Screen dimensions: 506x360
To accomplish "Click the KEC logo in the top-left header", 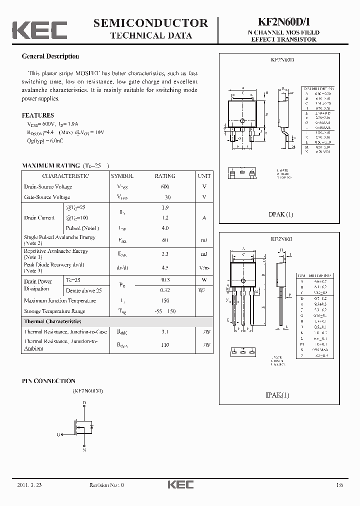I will [x=39, y=30].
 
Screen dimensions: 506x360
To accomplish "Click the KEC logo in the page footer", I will [x=180, y=484].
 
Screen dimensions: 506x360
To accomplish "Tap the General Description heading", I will [x=50, y=56].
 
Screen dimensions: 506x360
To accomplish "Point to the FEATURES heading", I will [x=37, y=115].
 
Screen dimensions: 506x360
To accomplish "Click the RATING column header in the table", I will [x=165, y=176].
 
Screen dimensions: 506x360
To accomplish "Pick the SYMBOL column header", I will [x=122, y=176].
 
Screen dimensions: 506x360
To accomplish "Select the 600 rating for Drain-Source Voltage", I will [x=165, y=186].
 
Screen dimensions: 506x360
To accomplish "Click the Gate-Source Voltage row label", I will [x=47, y=197].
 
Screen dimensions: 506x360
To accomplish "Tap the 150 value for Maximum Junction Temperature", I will [x=165, y=300].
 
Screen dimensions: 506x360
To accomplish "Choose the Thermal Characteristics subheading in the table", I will [x=52, y=321].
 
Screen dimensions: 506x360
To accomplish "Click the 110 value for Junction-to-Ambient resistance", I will [x=165, y=345].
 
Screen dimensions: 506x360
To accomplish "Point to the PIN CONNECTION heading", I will [x=48, y=381].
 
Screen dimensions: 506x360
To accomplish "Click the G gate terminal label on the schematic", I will [x=58, y=434].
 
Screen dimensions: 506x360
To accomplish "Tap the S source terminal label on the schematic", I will [x=84, y=450].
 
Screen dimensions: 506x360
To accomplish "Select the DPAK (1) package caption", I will [x=281, y=214].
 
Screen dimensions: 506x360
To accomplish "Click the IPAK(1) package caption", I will [x=277, y=395].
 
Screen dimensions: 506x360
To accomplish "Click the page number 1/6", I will [x=340, y=484].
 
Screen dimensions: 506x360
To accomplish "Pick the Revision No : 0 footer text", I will [x=106, y=484].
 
